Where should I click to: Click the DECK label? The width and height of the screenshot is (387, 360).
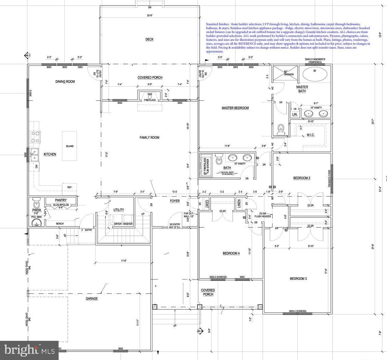point(149,39)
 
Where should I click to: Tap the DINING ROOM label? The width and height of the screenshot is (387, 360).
point(65,82)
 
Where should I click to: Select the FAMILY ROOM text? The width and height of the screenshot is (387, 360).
point(149,138)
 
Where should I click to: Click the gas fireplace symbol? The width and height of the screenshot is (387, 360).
point(150,97)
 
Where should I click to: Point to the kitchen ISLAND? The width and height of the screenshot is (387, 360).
point(70,146)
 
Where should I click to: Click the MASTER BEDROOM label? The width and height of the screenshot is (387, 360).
point(235,108)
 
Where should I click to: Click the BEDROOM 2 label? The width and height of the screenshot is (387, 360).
point(302,178)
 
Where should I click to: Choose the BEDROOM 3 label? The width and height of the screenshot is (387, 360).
point(298,279)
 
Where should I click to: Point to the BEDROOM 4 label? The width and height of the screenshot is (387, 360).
point(231,253)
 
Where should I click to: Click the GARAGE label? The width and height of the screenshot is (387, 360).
point(92,299)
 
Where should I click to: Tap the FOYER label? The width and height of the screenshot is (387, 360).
point(175,201)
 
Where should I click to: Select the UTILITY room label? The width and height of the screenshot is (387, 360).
point(118,210)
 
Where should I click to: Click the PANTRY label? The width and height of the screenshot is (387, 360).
point(61,200)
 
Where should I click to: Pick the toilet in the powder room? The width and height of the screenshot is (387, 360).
point(36,200)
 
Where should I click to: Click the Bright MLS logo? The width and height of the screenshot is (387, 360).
point(29,350)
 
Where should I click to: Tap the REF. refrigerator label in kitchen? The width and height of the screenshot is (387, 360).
point(70,187)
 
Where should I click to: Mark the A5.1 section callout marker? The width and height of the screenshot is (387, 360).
point(200,331)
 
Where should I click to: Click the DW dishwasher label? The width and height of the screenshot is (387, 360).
point(36,166)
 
